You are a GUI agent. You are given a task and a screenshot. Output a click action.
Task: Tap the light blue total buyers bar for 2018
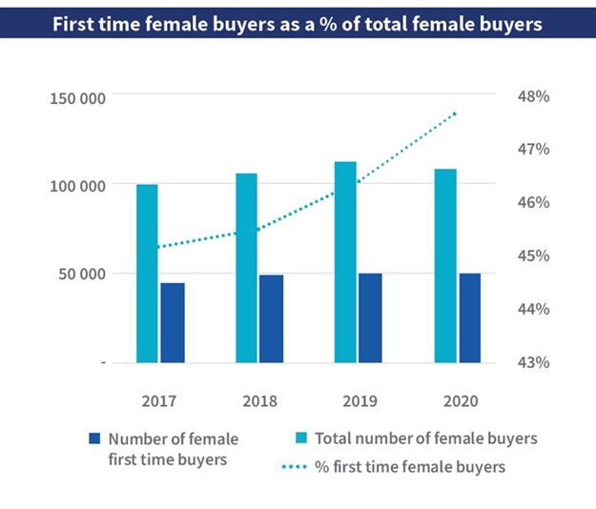[246, 268]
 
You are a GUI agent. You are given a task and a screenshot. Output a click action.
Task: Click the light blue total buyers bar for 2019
[345, 262]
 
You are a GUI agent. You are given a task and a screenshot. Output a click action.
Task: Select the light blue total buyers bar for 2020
[445, 266]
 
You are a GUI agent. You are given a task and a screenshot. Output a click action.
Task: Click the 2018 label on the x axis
[259, 401]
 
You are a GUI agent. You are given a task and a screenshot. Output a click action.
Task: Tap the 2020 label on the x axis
[459, 401]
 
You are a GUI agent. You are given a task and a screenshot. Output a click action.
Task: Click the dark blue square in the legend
[93, 438]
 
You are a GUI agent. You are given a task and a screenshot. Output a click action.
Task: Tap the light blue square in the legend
[298, 438]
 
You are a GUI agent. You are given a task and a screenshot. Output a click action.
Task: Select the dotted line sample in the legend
[298, 467]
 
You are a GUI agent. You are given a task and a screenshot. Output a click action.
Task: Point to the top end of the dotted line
[456, 113]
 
